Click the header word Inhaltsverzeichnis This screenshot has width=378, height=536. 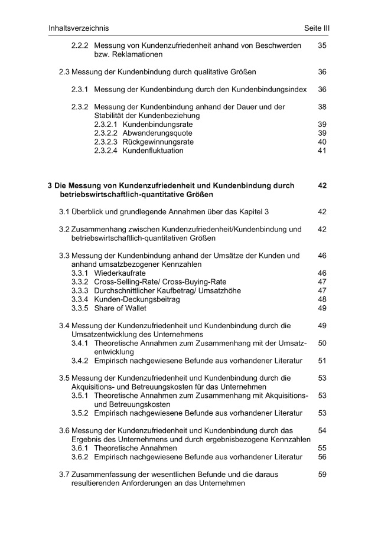[x=79, y=28]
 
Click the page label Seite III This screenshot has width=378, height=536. [x=312, y=28]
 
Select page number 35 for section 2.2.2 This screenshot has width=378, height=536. [x=322, y=45]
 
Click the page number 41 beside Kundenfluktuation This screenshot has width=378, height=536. [x=322, y=151]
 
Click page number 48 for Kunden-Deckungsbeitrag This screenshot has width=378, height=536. [x=322, y=299]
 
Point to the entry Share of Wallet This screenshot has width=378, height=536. [x=122, y=308]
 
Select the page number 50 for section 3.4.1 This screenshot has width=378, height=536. [x=322, y=343]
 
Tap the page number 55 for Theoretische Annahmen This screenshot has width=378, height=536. [x=322, y=448]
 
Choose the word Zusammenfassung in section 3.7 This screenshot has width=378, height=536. [x=105, y=474]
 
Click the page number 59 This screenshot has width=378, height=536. [x=322, y=474]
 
